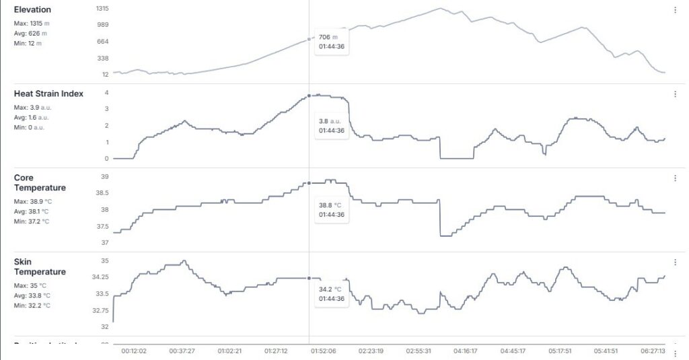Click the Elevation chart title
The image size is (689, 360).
(32, 10)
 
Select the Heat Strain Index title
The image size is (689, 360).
(48, 94)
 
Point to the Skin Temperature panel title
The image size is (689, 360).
(40, 267)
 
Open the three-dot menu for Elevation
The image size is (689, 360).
(675, 10)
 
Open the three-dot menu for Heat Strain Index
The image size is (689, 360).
(675, 94)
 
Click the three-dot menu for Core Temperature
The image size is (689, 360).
(675, 178)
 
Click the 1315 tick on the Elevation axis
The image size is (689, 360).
(102, 9)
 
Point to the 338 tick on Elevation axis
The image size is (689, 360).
(103, 58)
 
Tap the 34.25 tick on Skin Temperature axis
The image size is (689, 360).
(100, 277)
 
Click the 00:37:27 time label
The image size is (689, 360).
(182, 351)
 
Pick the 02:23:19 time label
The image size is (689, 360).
(372, 351)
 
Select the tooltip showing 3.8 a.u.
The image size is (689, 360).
(332, 126)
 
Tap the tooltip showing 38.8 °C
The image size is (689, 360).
(332, 210)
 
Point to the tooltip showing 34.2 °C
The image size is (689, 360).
(332, 294)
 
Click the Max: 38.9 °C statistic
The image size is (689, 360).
(33, 201)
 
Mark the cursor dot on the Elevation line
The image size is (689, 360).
(309, 39)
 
